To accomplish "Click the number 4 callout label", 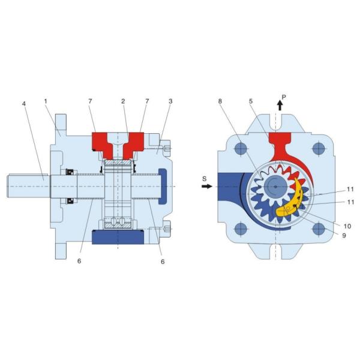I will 23,103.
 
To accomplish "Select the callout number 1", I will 45,101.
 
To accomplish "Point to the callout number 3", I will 170,101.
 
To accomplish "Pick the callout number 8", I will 220,101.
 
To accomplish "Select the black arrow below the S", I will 206,187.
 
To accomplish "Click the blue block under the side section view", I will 117,238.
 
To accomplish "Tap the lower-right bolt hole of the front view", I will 319,227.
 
